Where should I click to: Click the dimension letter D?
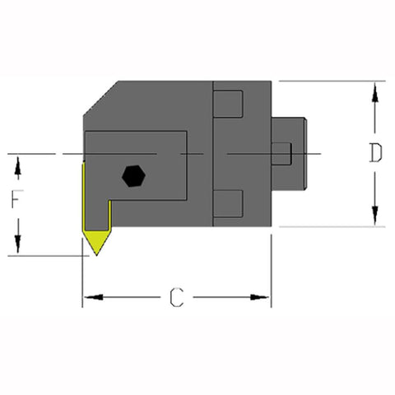tap(374, 154)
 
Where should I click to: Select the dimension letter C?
tap(176, 298)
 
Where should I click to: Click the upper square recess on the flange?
tap(230, 104)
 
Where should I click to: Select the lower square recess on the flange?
tap(230, 202)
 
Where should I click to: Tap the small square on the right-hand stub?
tap(281, 153)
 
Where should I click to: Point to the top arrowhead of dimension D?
tap(374, 89)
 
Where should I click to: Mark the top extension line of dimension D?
tap(329, 81)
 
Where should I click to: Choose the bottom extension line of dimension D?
tap(329, 226)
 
